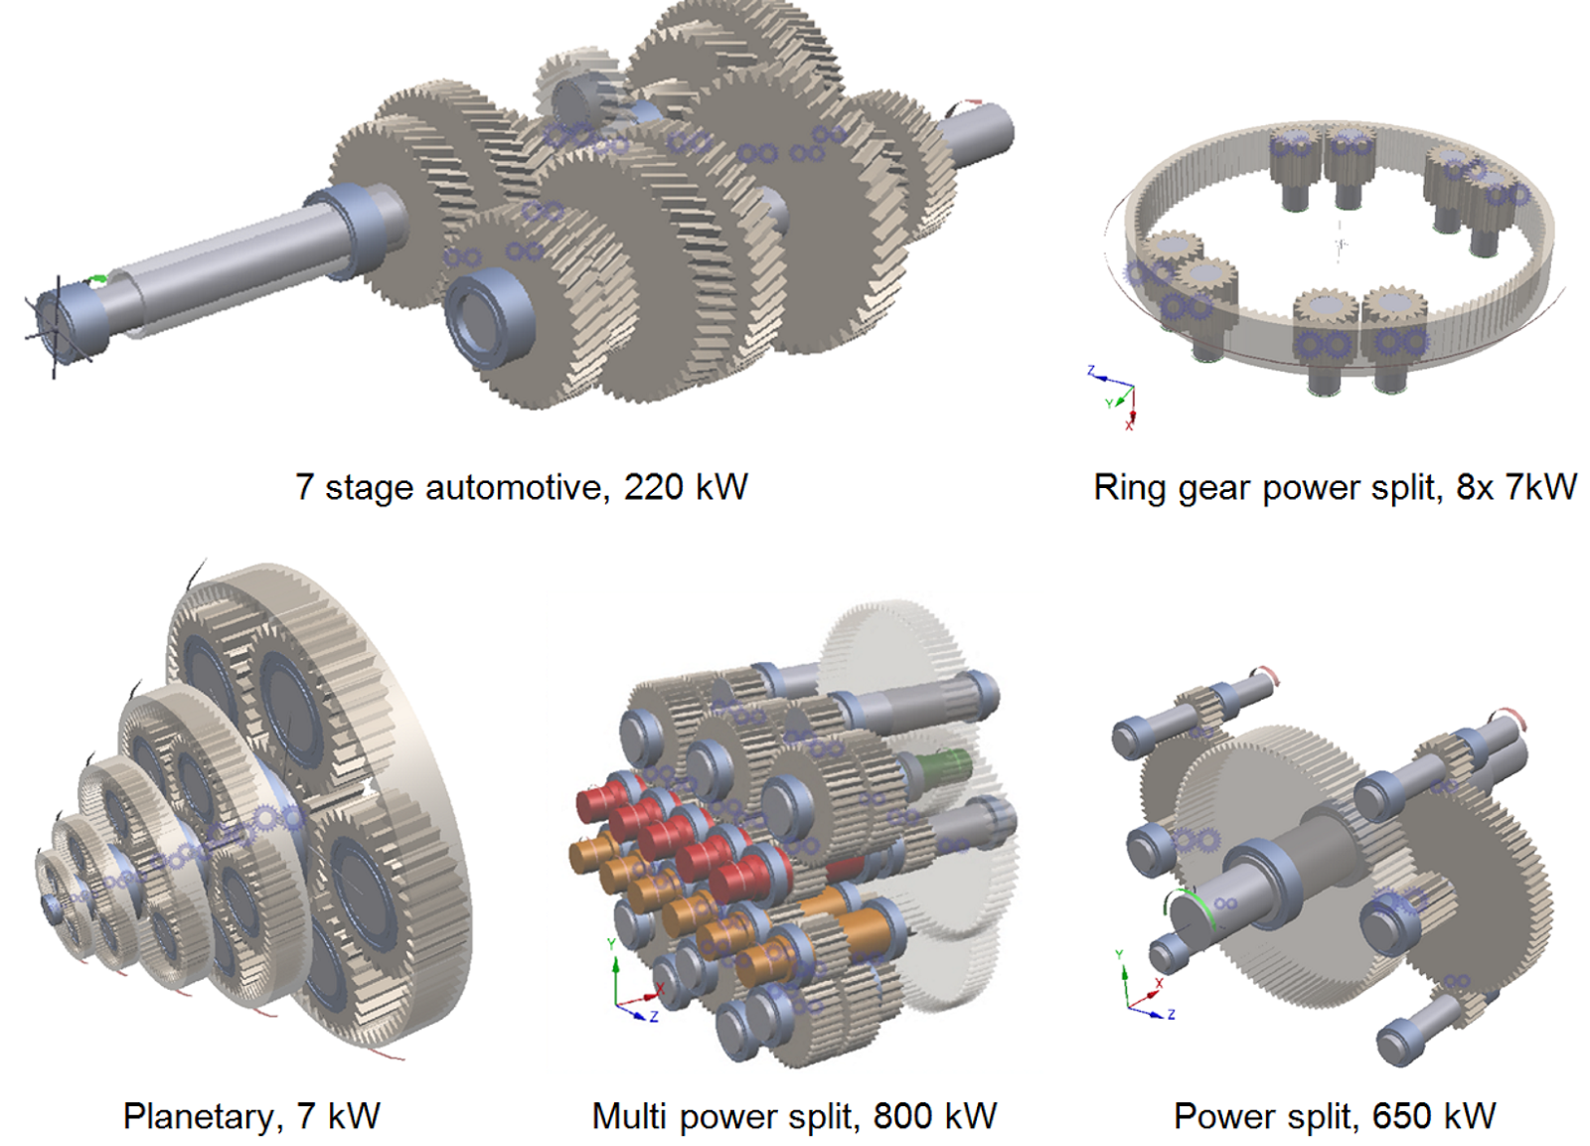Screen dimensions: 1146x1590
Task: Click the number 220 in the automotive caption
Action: click(x=653, y=487)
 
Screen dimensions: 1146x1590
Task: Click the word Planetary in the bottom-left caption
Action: click(x=196, y=1116)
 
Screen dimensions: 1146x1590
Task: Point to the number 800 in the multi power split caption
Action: click(x=902, y=1116)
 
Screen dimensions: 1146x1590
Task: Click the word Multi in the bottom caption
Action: click(x=629, y=1116)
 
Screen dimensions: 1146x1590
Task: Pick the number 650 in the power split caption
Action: click(x=1401, y=1116)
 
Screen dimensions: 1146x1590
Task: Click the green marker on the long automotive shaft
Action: click(x=96, y=280)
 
